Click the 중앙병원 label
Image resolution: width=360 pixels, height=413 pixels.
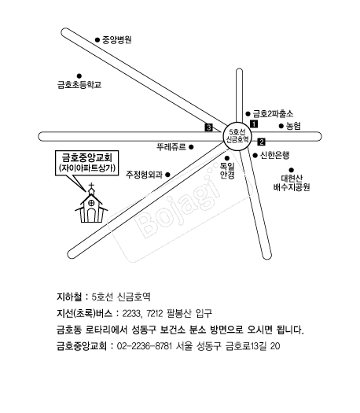click(117, 40)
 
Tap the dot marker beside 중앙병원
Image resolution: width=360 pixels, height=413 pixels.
click(97, 40)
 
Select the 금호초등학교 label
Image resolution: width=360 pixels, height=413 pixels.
click(79, 85)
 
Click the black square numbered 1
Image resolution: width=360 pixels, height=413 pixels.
click(254, 124)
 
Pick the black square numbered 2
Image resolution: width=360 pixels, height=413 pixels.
click(261, 142)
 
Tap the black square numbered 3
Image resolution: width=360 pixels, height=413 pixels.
click(208, 127)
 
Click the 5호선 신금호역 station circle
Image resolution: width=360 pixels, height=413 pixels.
click(237, 136)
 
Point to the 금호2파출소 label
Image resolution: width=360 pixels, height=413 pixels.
click(273, 114)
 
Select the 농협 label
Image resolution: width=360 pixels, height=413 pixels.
click(293, 126)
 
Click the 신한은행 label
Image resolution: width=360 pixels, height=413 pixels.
click(275, 156)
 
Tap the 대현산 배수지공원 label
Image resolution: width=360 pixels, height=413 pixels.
click(292, 183)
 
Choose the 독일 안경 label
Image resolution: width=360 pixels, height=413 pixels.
click(227, 171)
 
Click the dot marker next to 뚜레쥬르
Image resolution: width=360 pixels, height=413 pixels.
click(191, 147)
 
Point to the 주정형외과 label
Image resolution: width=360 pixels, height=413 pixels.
click(144, 175)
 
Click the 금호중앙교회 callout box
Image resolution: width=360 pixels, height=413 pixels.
click(86, 163)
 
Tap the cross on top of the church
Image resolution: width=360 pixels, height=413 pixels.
click(91, 186)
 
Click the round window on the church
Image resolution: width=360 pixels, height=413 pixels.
click(91, 203)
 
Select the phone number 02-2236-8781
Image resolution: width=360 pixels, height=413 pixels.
click(145, 346)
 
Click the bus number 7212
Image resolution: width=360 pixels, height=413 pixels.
click(155, 313)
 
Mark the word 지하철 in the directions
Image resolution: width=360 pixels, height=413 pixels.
click(69, 297)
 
